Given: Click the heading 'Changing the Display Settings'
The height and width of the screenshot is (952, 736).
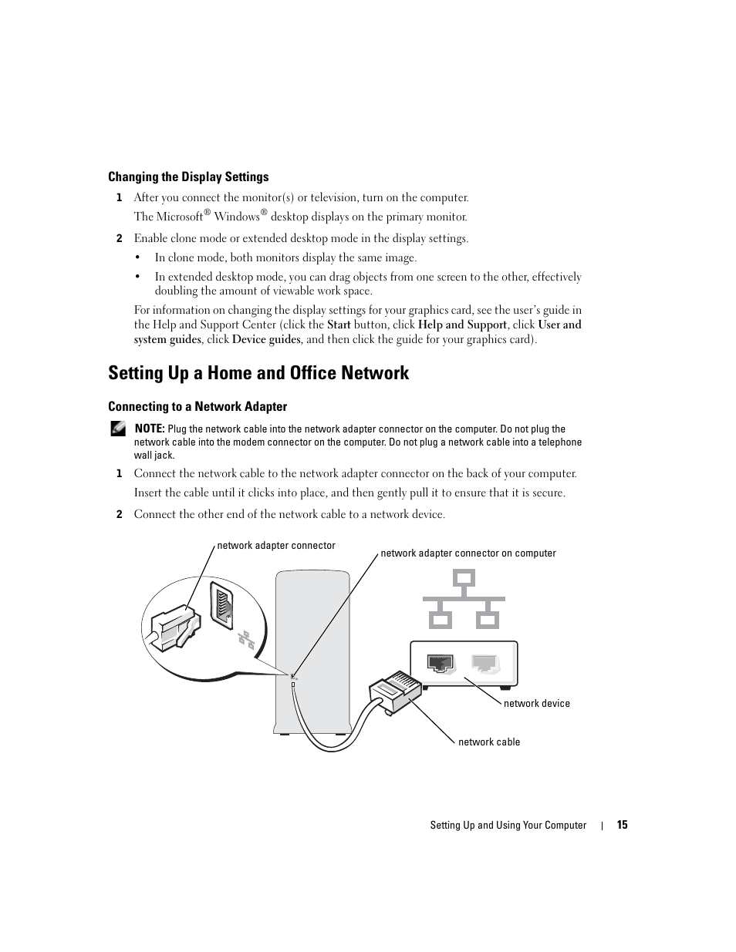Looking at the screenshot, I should point(188,177).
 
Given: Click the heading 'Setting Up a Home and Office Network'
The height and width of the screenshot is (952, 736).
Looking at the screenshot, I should point(258,373).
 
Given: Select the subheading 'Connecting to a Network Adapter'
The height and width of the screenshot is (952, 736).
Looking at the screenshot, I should point(198,406).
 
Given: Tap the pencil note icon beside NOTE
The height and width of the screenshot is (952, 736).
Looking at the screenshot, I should point(117,429).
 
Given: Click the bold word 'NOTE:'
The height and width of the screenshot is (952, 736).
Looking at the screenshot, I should point(150,429).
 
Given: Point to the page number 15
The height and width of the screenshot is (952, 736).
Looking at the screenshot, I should point(622,825).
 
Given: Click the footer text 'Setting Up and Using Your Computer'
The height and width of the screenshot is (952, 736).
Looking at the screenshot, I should point(508,825).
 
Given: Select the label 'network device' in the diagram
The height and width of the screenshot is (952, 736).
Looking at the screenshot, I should point(536,703).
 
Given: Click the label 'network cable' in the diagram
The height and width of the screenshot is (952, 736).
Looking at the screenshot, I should point(489,742).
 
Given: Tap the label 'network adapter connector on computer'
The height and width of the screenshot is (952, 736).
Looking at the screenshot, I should point(468,553).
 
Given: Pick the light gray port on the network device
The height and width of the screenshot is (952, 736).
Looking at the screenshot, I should point(485,663).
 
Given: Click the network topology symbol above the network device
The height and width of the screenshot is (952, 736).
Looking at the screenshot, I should point(464,598).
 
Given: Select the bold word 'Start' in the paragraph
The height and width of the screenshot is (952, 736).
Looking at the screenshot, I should point(339,325).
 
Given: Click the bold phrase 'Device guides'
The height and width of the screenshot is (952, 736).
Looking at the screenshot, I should point(266,339).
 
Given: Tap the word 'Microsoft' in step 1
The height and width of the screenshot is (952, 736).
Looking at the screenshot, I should point(179,217).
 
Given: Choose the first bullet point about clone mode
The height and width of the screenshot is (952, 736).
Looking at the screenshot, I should point(285,257).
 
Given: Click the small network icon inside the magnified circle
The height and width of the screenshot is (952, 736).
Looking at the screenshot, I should point(246,638).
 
